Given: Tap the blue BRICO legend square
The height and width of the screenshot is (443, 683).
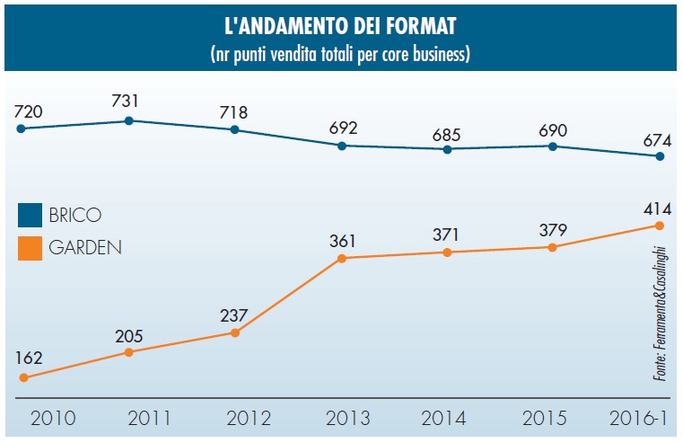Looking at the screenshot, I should pos(31,216).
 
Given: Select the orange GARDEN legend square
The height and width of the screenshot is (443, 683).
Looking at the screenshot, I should pos(31,246).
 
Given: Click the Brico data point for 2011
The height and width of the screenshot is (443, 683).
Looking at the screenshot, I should pos(129,120).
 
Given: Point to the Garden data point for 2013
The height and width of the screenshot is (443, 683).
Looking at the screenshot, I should pos(342,259).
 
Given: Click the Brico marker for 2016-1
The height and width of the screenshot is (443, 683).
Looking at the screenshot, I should pos(660,156).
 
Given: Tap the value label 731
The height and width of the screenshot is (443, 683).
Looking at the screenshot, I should pos(127,101).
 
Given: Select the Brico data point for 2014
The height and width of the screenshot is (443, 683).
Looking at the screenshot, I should pos(447,148).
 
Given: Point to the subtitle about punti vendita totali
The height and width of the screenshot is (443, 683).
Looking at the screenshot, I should pos(340,54).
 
